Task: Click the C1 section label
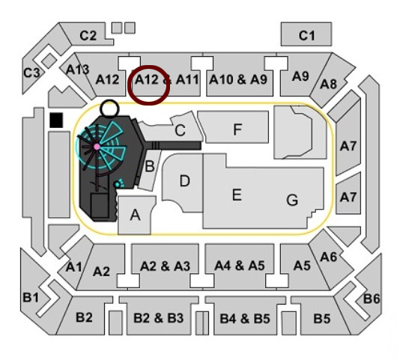coord(307,35)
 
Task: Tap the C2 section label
coord(88,36)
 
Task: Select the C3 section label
coord(31,73)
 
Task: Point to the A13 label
coord(77,69)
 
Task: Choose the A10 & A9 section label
coord(238,79)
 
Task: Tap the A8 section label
coord(328,84)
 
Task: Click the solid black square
coord(56,120)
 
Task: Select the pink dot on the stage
coord(97,147)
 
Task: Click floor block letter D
coord(184,181)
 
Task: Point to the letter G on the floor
coord(292,200)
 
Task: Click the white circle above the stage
coord(109,109)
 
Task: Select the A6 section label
coord(328,257)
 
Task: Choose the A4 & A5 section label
coord(240,266)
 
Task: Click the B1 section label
coord(31,297)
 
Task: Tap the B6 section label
coord(372,299)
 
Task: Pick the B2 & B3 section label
coord(158,318)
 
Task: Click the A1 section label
coord(73,267)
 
